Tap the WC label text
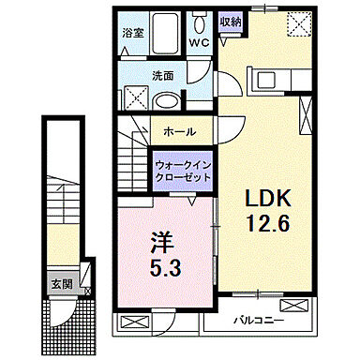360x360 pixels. pyautogui.click(x=199, y=42)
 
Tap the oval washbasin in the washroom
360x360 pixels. pyautogui.click(x=166, y=100)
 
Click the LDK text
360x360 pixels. pyautogui.click(x=269, y=199)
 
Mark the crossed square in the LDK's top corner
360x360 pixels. pyautogui.click(x=298, y=21)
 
